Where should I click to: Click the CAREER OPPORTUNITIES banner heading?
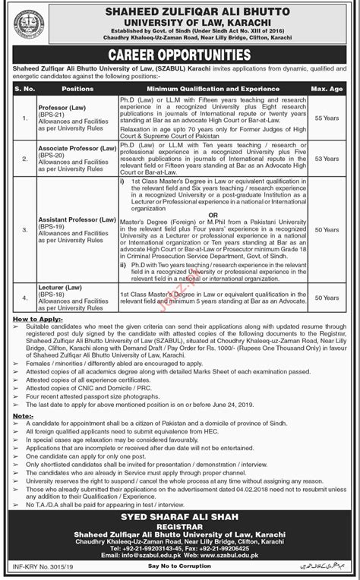point(179,55)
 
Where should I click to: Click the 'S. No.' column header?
point(21,88)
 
